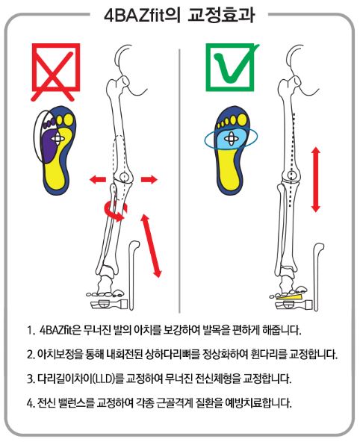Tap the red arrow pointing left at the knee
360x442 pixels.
pyautogui.click(x=98, y=179)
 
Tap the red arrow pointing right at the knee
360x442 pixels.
pyautogui.click(x=149, y=179)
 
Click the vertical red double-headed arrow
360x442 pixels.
pyautogui.click(x=316, y=179)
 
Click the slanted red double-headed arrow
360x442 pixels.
pyautogui.click(x=151, y=246)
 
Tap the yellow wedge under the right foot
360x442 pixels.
pyautogui.click(x=291, y=296)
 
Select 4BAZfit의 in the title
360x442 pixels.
pyautogui.click(x=142, y=16)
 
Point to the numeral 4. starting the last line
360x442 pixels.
pyautogui.click(x=31, y=403)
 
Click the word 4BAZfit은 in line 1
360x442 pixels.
pyautogui.click(x=60, y=330)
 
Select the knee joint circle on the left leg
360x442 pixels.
pyautogui.click(x=124, y=177)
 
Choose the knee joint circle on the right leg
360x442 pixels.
pyautogui.click(x=293, y=175)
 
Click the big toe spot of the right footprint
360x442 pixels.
pyautogui.click(x=242, y=119)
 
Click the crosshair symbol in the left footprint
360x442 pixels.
pyautogui.click(x=58, y=138)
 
